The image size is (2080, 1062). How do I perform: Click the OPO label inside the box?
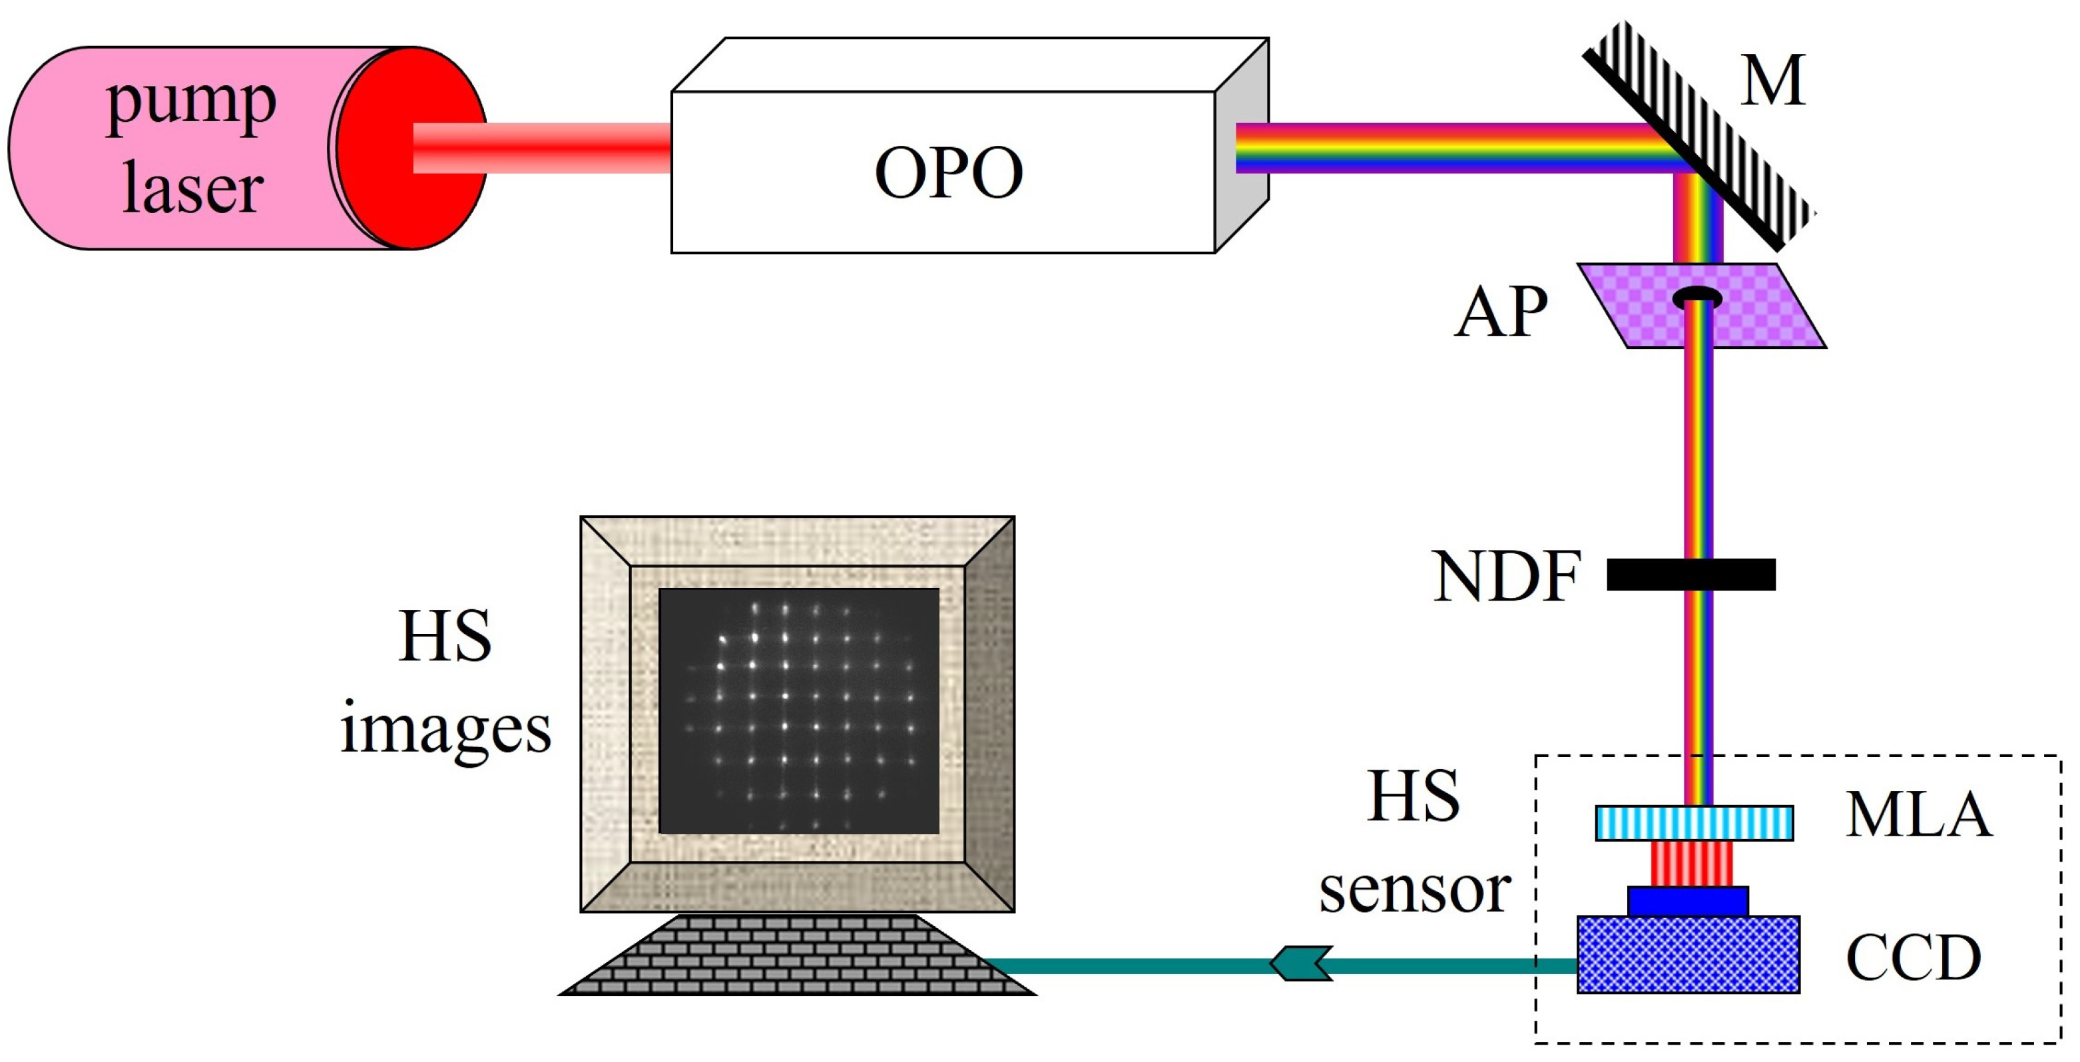pyautogui.click(x=948, y=172)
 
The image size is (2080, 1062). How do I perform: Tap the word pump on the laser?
pyautogui.click(x=191, y=104)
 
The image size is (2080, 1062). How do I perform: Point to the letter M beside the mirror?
pyautogui.click(x=1772, y=81)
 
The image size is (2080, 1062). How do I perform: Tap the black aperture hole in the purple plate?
pyautogui.click(x=1696, y=298)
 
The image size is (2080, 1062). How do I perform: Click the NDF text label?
pyautogui.click(x=1505, y=577)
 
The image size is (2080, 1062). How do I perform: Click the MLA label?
pyautogui.click(x=1918, y=814)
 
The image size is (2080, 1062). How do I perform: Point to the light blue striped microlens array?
pyautogui.click(x=1694, y=823)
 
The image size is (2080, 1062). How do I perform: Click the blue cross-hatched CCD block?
pyautogui.click(x=1688, y=955)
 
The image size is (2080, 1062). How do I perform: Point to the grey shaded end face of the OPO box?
pyautogui.click(x=1242, y=145)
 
